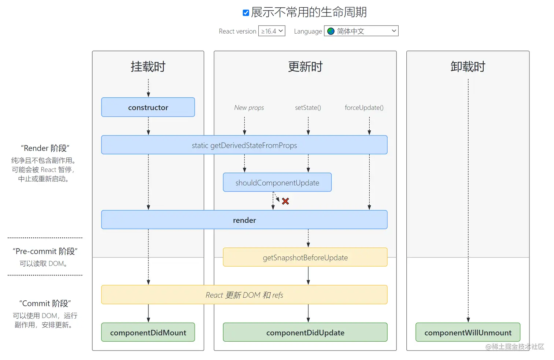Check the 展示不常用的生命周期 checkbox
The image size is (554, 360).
(x=246, y=13)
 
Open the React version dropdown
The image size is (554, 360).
(x=272, y=31)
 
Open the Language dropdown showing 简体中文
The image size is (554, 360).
(x=361, y=31)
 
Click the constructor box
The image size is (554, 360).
(x=148, y=107)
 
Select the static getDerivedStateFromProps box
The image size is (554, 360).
(x=244, y=145)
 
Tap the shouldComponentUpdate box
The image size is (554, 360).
(x=277, y=183)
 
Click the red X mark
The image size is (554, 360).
(x=285, y=201)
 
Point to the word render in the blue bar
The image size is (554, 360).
(x=244, y=220)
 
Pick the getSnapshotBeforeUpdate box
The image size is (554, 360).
(x=305, y=257)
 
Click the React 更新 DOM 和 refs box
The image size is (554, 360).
(x=244, y=295)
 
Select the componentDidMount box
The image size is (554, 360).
(x=148, y=333)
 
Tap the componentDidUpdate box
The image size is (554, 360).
(x=305, y=333)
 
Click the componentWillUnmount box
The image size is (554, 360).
(x=468, y=333)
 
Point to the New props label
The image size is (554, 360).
(x=249, y=108)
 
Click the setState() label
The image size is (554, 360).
(x=308, y=108)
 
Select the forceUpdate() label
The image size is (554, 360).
(x=364, y=108)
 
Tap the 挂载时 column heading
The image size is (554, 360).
(x=148, y=67)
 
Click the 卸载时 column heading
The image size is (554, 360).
(x=468, y=67)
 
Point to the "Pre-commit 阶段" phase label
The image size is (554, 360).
(x=45, y=251)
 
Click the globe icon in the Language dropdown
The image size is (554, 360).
(x=331, y=31)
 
